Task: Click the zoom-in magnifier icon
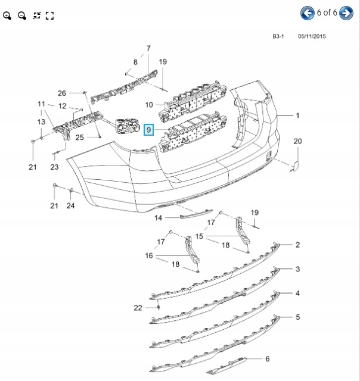pos(8,15)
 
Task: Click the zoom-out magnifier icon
pos(22,15)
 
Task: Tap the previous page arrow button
pos(308,13)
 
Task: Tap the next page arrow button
pos(346,13)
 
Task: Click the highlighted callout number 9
pos(149,128)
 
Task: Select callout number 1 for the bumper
pos(297,115)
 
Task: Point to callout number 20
pos(297,141)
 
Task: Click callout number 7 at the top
pos(148,48)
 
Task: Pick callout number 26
pos(62,93)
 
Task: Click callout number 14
pos(159,218)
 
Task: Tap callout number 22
pos(138,307)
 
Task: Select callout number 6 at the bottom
pos(268,359)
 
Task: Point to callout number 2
pos(297,245)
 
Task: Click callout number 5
pos(297,317)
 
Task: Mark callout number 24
pos(71,206)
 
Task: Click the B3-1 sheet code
pos(278,36)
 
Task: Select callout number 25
pos(79,138)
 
